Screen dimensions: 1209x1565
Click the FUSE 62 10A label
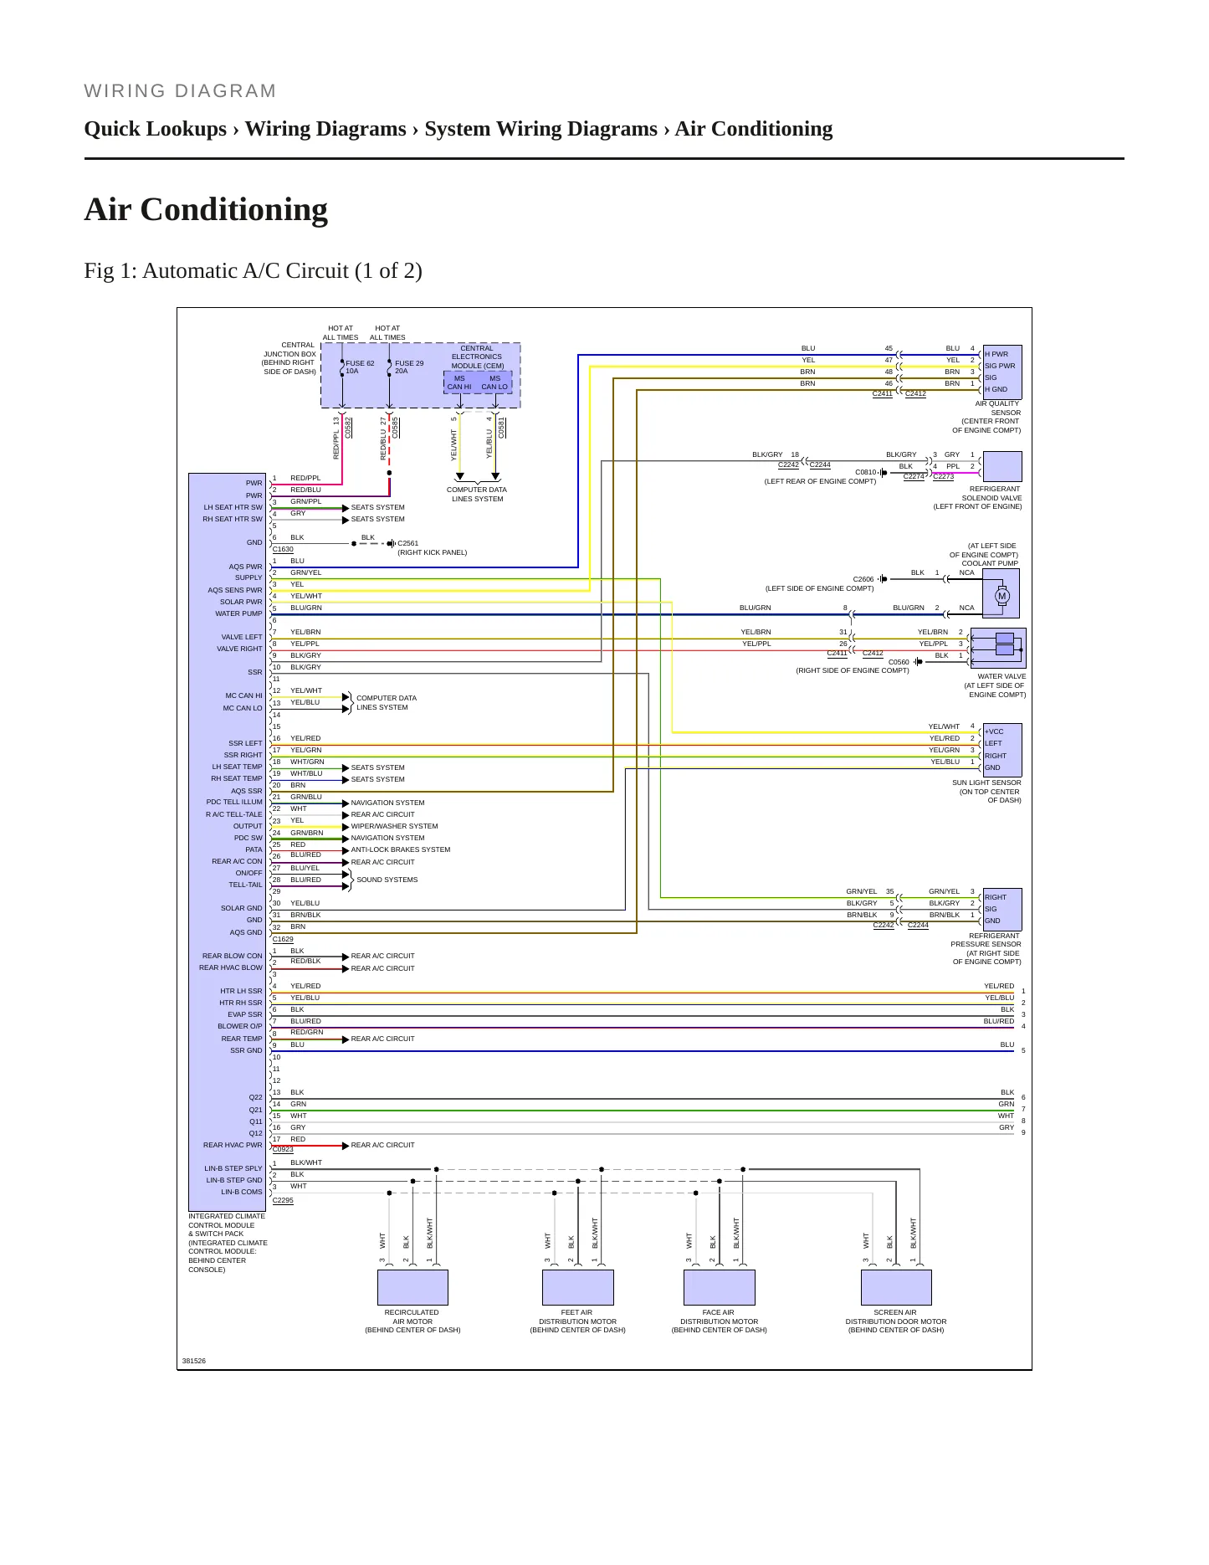coord(360,367)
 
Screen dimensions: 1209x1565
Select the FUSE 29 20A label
coord(409,367)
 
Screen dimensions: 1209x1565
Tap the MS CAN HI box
coord(459,382)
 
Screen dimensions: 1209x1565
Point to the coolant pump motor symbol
coord(1002,597)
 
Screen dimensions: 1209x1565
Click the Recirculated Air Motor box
coord(412,1287)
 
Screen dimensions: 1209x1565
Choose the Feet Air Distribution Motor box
coord(577,1287)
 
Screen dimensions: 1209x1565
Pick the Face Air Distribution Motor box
coord(719,1287)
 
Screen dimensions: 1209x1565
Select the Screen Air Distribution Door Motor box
coord(896,1287)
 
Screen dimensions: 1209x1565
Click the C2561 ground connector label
coord(407,543)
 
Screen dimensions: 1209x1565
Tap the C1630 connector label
coord(283,549)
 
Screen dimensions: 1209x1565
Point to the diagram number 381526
coord(193,1361)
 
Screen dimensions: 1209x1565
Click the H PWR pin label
coord(996,354)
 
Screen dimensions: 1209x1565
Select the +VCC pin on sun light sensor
coord(994,731)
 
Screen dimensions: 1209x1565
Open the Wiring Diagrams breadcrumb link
coord(325,129)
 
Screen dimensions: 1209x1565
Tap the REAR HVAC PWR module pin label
coord(233,1145)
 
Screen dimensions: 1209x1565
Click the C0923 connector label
coord(283,1149)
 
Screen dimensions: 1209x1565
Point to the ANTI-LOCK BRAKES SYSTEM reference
coord(400,849)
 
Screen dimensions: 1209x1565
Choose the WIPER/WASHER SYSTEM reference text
coord(394,826)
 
